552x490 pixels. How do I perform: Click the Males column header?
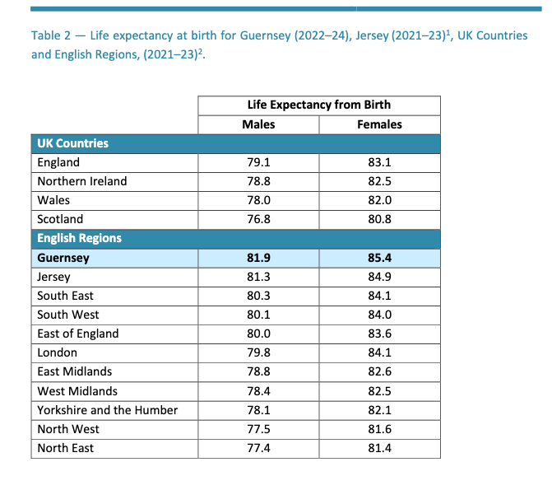258,124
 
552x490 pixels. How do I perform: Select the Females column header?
379,124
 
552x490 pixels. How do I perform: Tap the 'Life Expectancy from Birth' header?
319,105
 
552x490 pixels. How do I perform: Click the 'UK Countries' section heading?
72,143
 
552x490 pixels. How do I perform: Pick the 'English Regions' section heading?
79,238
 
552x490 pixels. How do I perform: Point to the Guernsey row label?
63,258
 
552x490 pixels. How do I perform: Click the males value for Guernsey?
258,258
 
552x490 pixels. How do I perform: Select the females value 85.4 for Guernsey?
379,258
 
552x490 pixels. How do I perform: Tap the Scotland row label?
60,219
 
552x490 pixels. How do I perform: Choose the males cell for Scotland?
258,219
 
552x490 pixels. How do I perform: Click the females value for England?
379,162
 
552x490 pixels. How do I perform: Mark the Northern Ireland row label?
82,181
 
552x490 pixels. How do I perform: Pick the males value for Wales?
258,200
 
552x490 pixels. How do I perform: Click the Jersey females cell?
379,278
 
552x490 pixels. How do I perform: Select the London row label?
57,352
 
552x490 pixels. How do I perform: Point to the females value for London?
379,352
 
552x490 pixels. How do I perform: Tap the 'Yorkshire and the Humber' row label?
107,410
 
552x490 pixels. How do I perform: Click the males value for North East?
258,448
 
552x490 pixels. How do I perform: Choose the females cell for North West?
379,429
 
